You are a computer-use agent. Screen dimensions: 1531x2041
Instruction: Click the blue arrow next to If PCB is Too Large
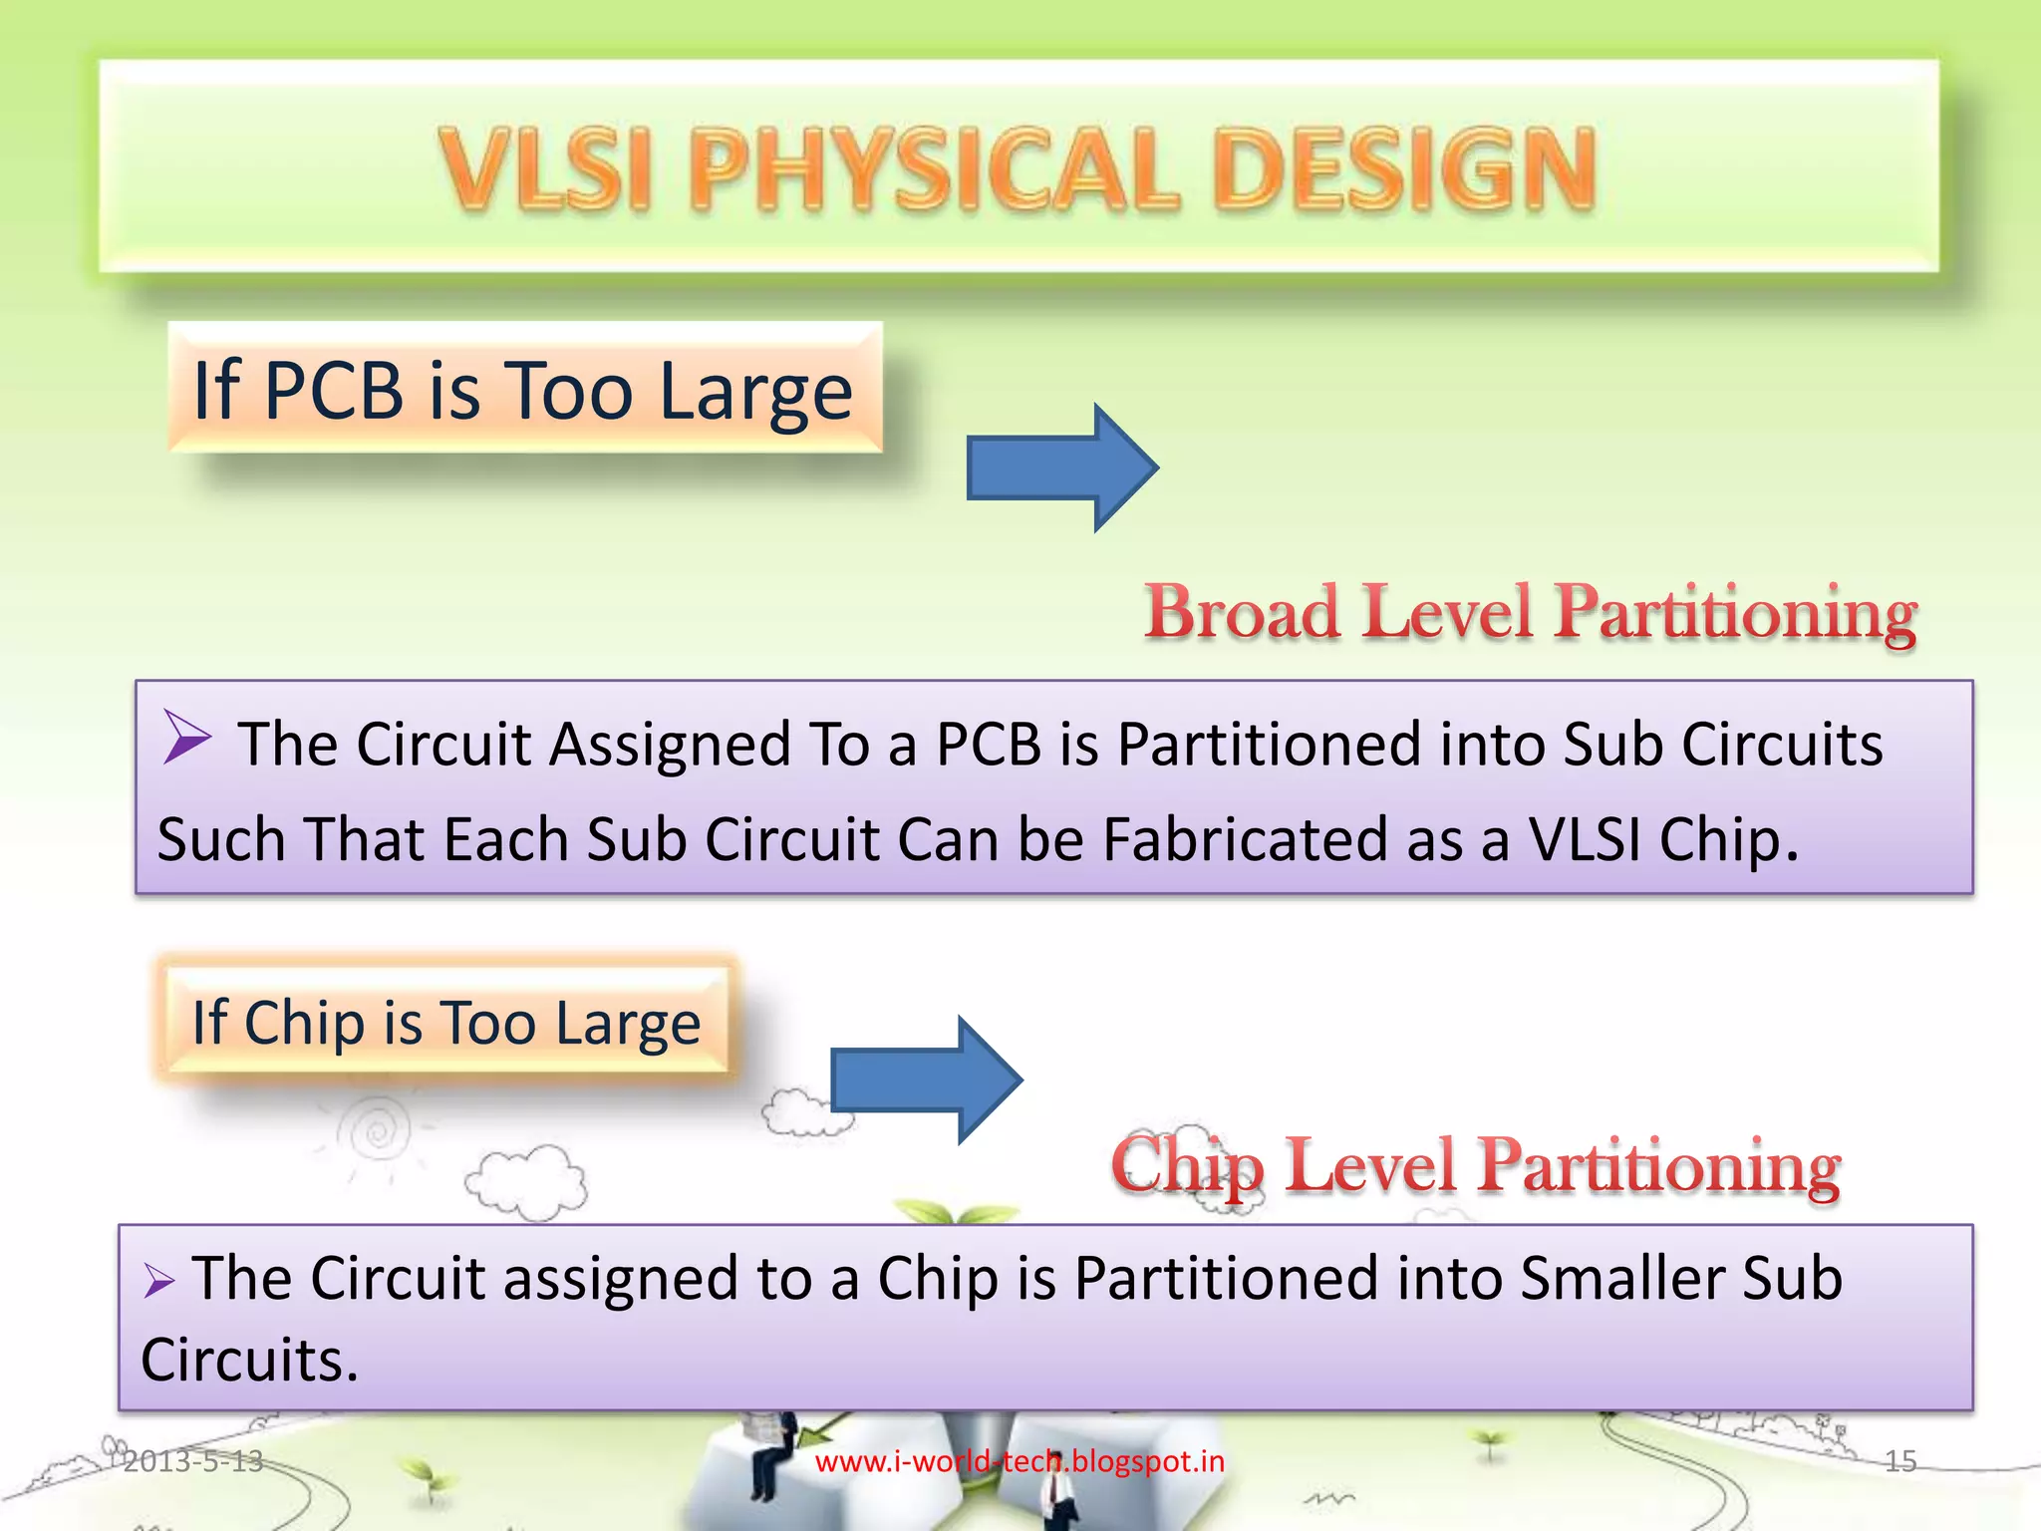(x=1060, y=467)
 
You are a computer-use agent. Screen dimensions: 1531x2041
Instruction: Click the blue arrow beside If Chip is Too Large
(x=925, y=1079)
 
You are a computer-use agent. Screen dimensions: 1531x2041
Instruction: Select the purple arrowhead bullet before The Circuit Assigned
(x=186, y=738)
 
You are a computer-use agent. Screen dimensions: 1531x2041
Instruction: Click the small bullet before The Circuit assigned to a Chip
(x=158, y=1280)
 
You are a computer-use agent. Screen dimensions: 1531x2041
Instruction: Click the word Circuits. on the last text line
(x=249, y=1360)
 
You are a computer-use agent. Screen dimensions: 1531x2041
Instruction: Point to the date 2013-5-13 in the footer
(x=192, y=1461)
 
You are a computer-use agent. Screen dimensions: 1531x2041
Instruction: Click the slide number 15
(x=1899, y=1461)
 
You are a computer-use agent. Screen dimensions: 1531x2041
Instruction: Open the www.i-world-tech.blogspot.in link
(x=1020, y=1461)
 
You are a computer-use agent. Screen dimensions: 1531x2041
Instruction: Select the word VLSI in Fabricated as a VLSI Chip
(x=1584, y=839)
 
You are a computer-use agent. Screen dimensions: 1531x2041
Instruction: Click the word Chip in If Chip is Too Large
(x=304, y=1023)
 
